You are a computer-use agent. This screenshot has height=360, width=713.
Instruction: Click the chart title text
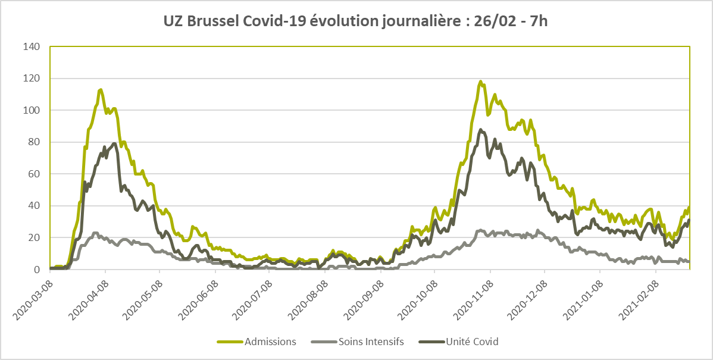coord(356,21)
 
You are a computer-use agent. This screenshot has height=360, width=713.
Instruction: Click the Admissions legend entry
coord(257,342)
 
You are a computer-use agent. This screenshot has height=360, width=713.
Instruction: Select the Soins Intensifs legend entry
coord(358,342)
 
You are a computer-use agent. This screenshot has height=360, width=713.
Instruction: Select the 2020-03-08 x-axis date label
coord(32,298)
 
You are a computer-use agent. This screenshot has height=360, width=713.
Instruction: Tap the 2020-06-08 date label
coord(197,298)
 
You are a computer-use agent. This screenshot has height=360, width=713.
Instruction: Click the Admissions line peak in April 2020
coord(101,89)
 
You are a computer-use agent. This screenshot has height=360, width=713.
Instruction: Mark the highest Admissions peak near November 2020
coord(481,82)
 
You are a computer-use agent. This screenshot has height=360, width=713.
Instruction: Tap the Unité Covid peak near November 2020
coord(481,130)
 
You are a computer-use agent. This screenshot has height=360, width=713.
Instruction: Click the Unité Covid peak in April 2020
coord(114,143)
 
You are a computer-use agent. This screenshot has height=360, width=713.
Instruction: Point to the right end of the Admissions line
coord(689,207)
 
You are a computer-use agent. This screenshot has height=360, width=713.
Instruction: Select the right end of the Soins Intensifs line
coord(689,261)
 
